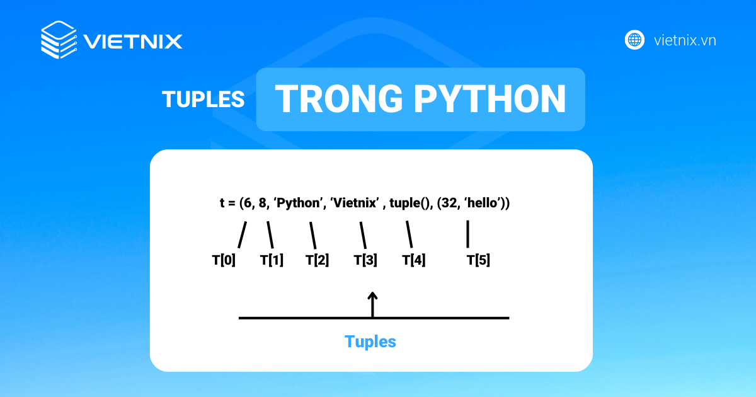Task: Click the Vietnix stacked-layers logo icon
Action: [x=59, y=40]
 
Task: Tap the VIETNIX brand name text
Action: [x=133, y=42]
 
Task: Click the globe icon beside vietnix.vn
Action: [x=634, y=40]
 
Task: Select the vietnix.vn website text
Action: [x=685, y=40]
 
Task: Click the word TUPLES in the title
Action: [x=203, y=100]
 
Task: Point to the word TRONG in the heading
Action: [x=339, y=98]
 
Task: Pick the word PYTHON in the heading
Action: [x=490, y=98]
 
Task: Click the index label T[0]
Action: [x=224, y=260]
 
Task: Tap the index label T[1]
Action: [x=272, y=260]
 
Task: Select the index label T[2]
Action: [x=318, y=260]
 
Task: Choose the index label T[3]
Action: [x=365, y=260]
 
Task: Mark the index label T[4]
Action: [x=414, y=260]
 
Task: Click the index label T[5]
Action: [x=478, y=260]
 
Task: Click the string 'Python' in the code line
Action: [x=299, y=203]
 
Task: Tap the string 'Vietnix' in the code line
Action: [x=355, y=203]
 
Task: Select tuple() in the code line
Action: [x=409, y=203]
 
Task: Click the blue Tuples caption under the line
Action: [x=370, y=342]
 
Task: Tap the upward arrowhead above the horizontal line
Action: [x=372, y=296]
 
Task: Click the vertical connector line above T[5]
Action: [x=467, y=234]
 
